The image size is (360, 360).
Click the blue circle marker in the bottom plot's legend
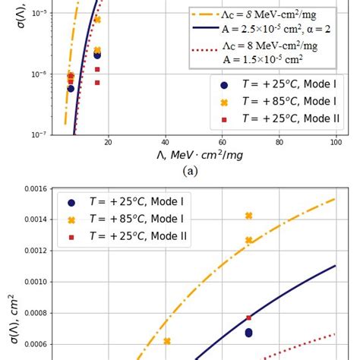tap(71, 202)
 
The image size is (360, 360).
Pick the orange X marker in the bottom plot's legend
tap(71, 219)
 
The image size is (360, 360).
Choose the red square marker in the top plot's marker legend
tap(223, 119)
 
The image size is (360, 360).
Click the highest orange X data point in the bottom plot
tap(249, 216)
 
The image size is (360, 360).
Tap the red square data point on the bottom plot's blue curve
tap(249, 317)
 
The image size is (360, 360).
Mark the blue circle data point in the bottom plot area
tap(249, 333)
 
